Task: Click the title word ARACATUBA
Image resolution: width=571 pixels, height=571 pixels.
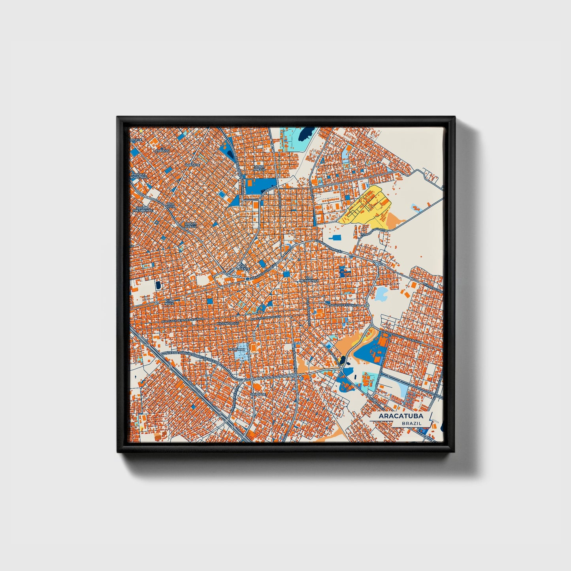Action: tap(401, 416)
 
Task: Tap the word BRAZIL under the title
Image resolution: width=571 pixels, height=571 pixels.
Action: tap(411, 423)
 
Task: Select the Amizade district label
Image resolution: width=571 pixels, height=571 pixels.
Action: tap(193, 165)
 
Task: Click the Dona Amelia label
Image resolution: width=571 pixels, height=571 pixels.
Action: tap(259, 168)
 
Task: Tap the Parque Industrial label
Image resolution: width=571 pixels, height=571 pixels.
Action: tap(139, 175)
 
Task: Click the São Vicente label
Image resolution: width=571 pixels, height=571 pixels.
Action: tap(243, 267)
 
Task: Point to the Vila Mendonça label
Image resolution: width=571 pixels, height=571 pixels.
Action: tap(309, 279)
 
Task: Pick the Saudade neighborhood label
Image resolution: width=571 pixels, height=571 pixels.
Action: tap(258, 394)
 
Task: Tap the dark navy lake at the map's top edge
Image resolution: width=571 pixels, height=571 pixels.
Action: tap(304, 135)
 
